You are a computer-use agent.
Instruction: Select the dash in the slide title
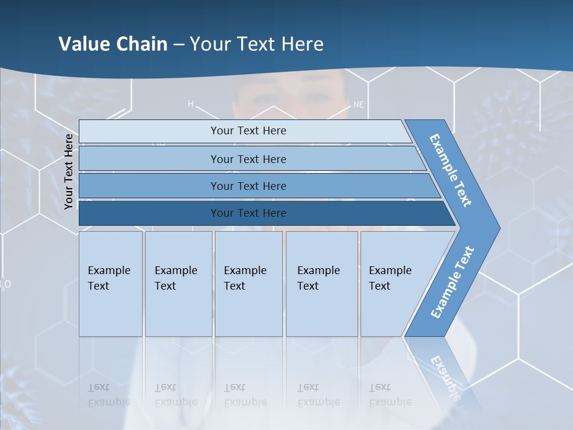coord(178,45)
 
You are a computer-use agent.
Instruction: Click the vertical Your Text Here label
coord(69,171)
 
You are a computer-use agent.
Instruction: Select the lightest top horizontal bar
coord(248,131)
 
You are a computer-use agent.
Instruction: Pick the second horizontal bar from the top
coord(248,159)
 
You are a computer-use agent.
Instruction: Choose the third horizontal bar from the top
coord(248,186)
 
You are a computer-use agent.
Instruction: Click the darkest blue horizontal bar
coord(248,213)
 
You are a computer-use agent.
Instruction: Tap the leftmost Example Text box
coord(110,284)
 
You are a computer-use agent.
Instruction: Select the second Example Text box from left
coord(178,284)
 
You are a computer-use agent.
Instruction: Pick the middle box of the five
coord(248,284)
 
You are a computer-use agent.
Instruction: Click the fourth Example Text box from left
coord(322,284)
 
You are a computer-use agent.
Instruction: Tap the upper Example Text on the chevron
coord(451,170)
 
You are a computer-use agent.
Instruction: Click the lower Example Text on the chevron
coord(452,282)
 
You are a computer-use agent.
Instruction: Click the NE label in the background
coord(358,105)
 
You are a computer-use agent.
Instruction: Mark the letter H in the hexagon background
coord(191,104)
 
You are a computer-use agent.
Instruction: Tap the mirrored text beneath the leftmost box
coord(109,394)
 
